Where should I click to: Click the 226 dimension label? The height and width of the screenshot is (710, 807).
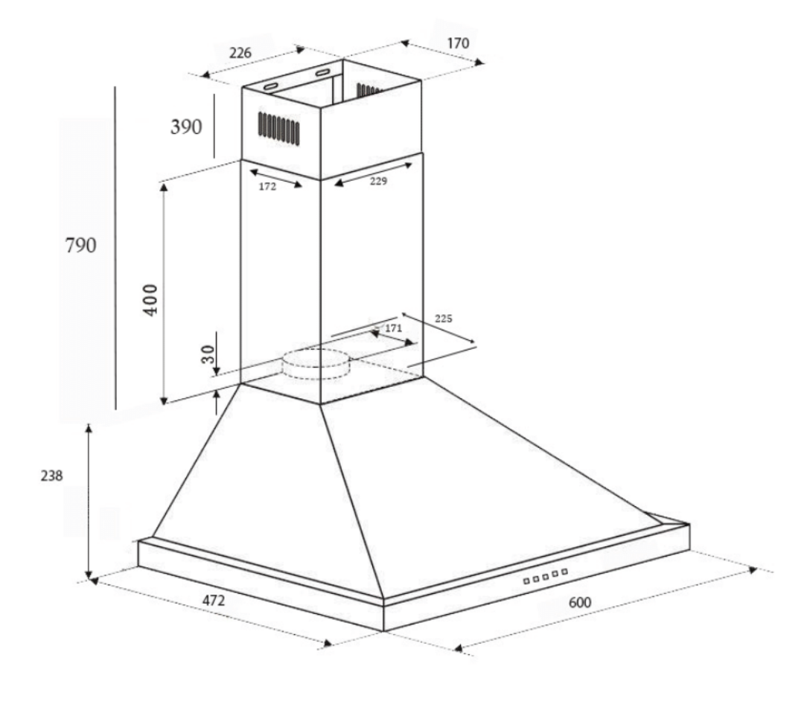click(240, 53)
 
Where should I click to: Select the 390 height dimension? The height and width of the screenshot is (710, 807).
click(186, 127)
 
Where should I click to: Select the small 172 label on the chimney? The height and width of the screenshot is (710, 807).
click(267, 187)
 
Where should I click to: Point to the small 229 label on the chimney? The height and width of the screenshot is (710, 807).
click(377, 181)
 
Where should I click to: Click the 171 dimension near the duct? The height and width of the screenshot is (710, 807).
click(393, 327)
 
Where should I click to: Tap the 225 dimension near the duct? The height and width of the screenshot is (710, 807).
click(444, 318)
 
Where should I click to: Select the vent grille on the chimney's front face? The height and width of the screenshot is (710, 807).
click(279, 129)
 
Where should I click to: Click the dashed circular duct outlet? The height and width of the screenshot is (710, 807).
click(318, 364)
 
